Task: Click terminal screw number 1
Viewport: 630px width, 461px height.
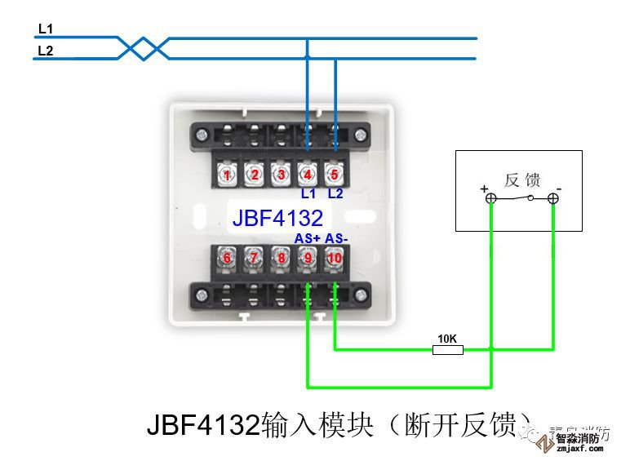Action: pos(228,175)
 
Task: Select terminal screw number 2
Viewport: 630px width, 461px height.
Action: pos(255,175)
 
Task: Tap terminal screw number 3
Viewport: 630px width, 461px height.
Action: pos(281,175)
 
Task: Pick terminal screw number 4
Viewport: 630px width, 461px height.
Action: pos(308,175)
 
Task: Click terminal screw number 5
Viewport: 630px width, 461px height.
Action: pos(334,175)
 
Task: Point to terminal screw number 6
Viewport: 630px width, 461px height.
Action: pos(228,259)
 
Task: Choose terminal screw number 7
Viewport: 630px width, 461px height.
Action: pos(255,259)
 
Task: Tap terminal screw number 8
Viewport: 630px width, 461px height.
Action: pos(281,259)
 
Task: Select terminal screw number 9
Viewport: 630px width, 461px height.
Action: pos(308,259)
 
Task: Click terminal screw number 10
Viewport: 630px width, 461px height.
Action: pos(334,259)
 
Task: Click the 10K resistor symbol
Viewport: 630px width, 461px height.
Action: pos(447,350)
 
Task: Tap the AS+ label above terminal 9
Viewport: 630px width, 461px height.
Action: pos(307,238)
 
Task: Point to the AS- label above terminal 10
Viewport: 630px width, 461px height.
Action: pos(336,238)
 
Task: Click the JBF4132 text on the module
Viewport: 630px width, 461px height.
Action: pos(277,218)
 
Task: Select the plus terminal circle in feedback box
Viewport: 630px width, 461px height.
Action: pos(490,198)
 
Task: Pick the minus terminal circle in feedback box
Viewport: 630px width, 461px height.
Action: pos(553,198)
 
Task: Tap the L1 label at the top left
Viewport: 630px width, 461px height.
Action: pos(46,29)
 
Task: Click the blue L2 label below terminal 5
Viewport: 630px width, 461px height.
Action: pos(335,194)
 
